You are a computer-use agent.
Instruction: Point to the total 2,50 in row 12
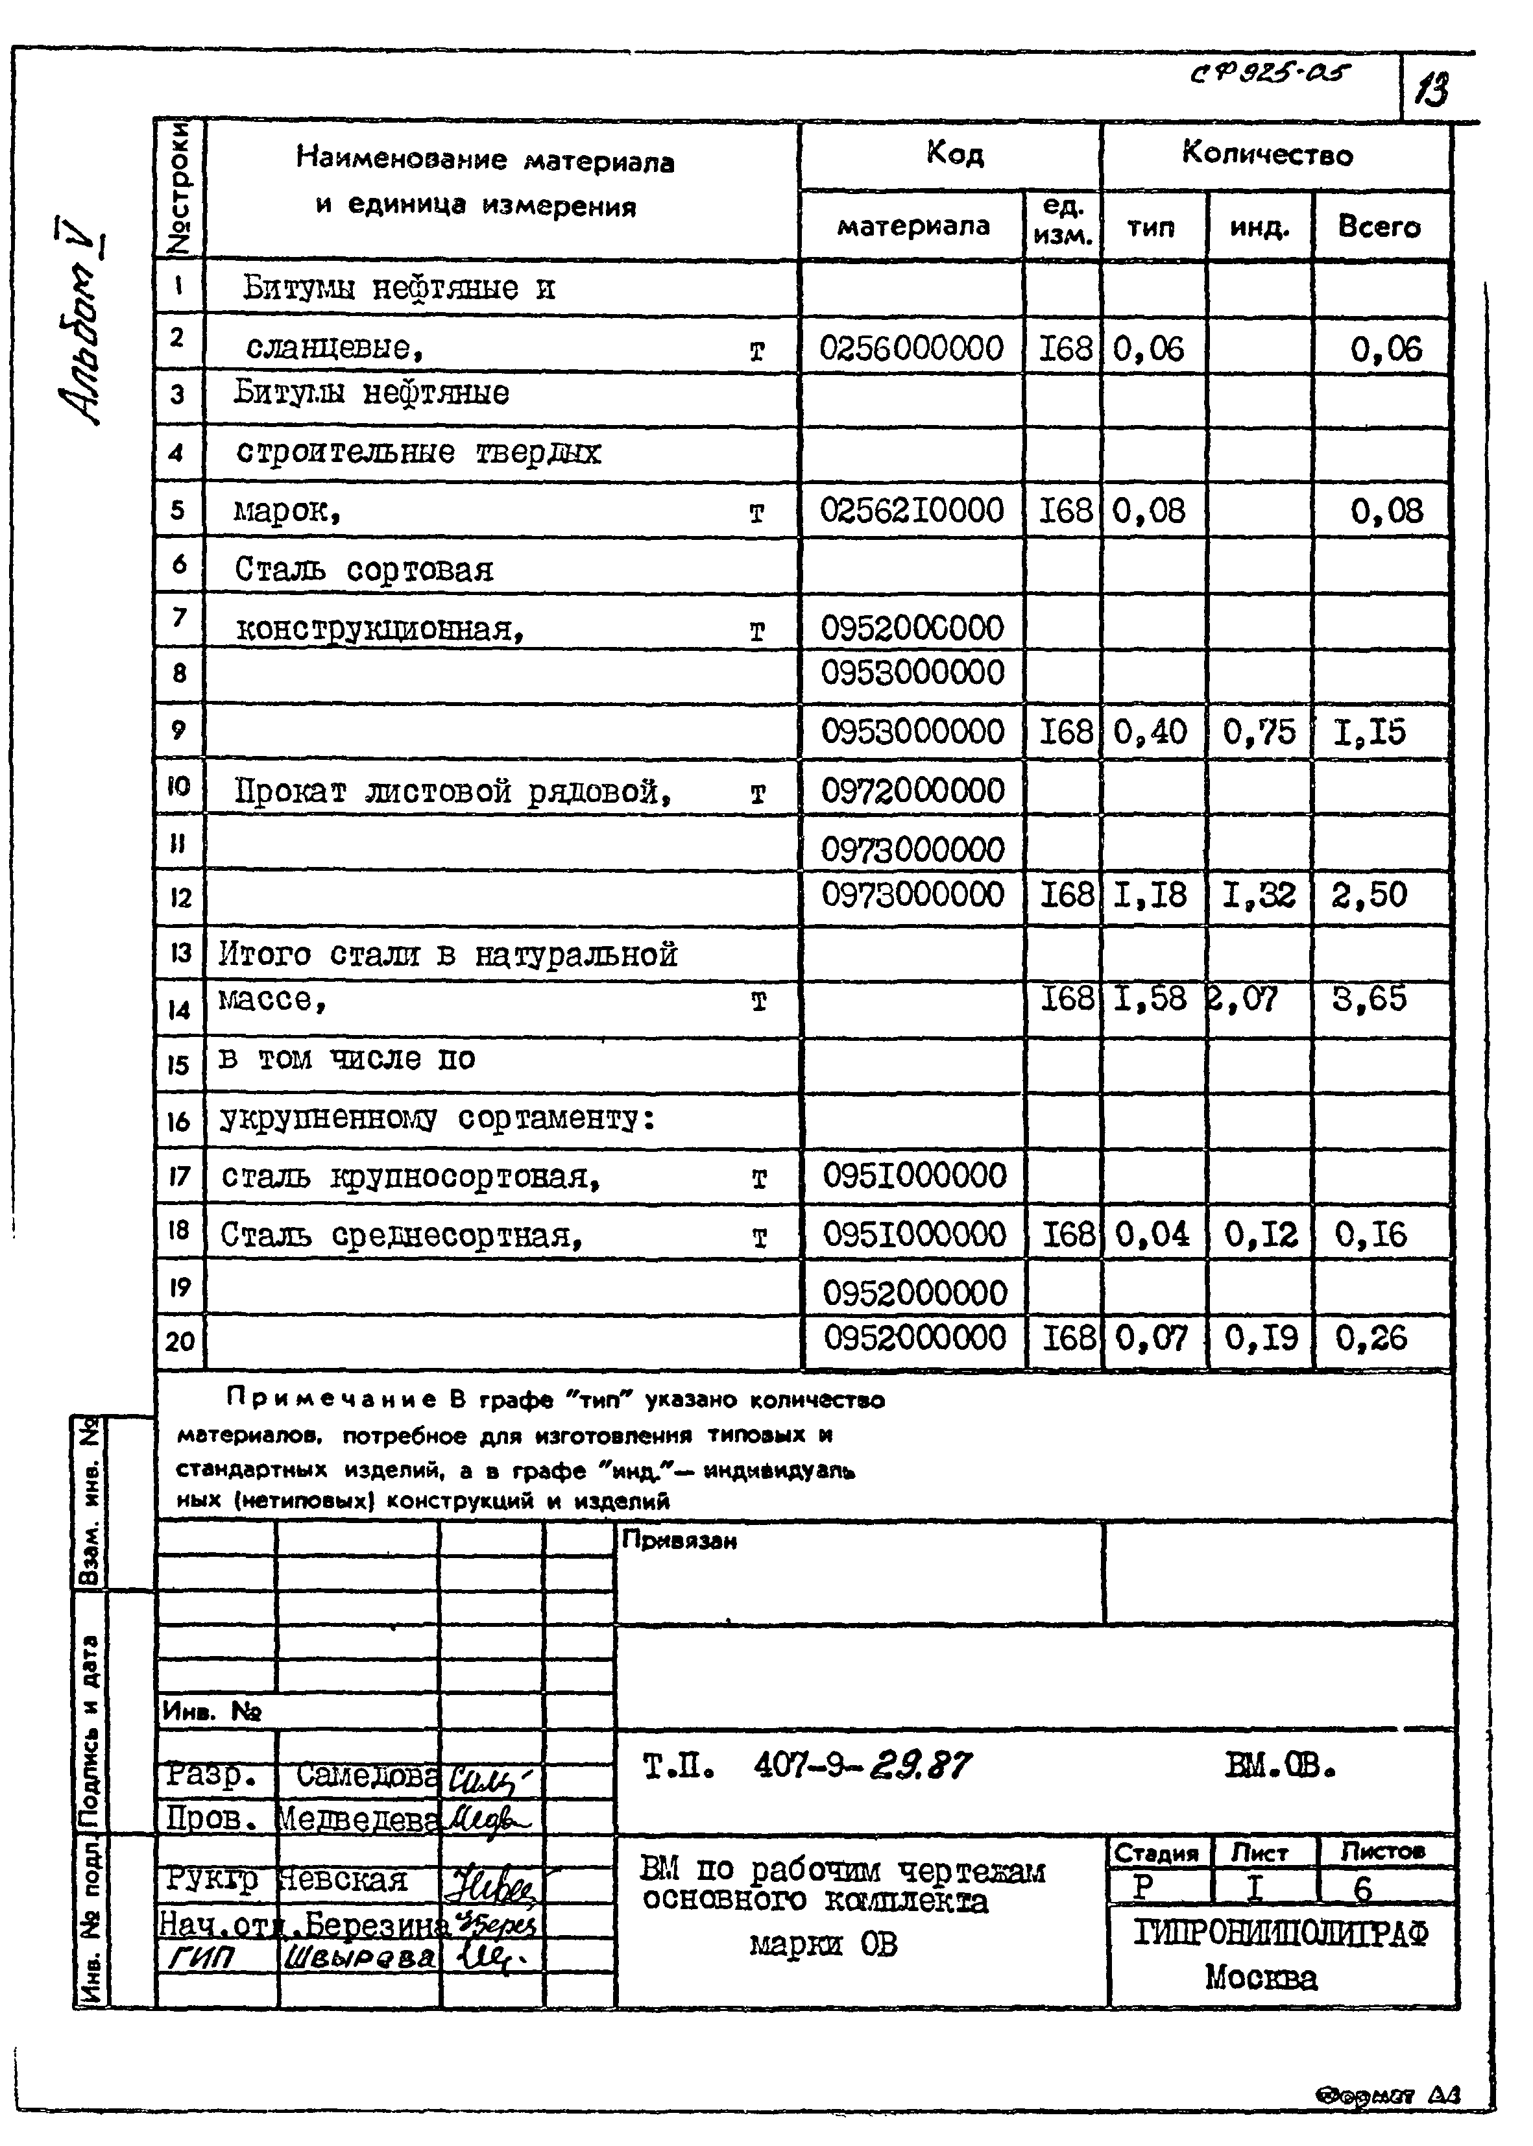tap(1369, 894)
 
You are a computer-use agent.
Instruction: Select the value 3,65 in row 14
tap(1369, 998)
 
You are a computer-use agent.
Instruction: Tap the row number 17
tap(179, 1177)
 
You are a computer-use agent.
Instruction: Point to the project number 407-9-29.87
tap(861, 1764)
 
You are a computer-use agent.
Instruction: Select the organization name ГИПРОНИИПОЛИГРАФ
tap(1281, 1934)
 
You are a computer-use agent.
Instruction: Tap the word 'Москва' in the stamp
tap(1260, 1977)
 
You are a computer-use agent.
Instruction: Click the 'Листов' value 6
tap(1362, 1888)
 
